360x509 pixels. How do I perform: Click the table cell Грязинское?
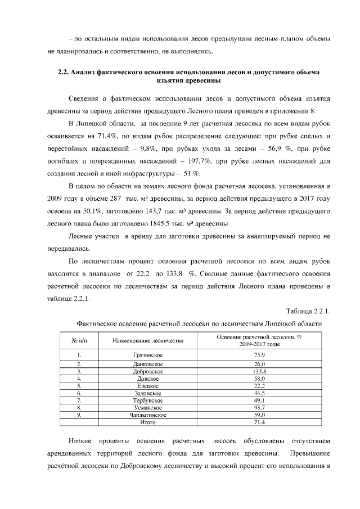pyautogui.click(x=148, y=354)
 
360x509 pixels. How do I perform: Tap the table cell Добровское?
pyautogui.click(x=148, y=372)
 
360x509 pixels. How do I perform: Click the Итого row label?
pyautogui.click(x=148, y=422)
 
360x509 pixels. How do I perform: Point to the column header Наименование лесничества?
pyautogui.click(x=148, y=341)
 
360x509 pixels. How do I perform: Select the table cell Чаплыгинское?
pyautogui.click(x=148, y=415)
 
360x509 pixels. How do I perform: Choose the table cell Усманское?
pyautogui.click(x=148, y=407)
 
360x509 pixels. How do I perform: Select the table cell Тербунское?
pyautogui.click(x=148, y=400)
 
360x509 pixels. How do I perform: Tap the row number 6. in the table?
pyautogui.click(x=80, y=393)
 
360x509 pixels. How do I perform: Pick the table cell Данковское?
pyautogui.click(x=148, y=365)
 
